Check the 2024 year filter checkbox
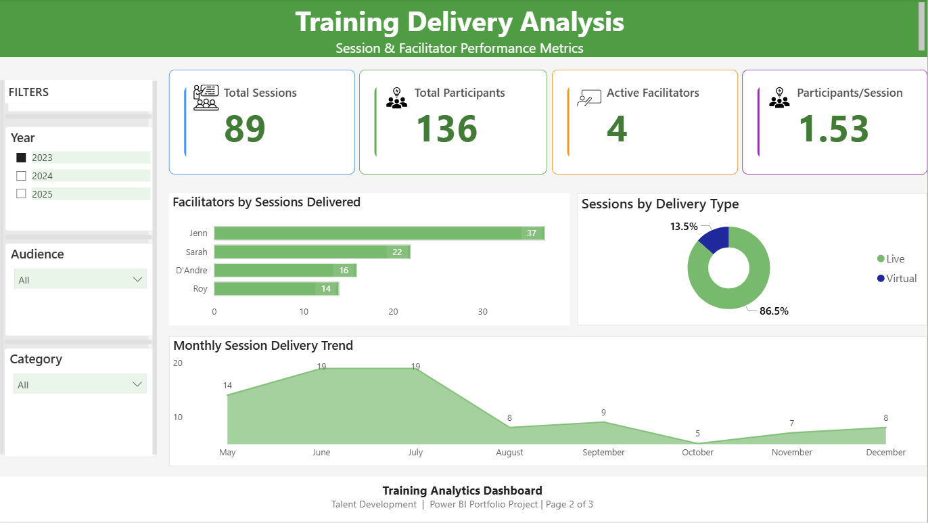point(21,176)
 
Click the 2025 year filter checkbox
point(21,194)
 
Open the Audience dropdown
point(80,279)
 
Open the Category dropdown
point(80,384)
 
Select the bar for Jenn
point(379,233)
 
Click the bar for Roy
point(276,289)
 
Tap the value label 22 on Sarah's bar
point(397,252)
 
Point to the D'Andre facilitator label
point(191,271)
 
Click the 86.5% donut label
point(774,311)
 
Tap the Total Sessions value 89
point(245,129)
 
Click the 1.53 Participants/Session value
point(834,129)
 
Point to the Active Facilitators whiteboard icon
point(588,98)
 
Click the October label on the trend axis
point(697,452)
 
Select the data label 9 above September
point(603,412)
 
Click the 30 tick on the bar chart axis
point(482,312)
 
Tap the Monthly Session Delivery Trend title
point(263,346)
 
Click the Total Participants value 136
point(446,129)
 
